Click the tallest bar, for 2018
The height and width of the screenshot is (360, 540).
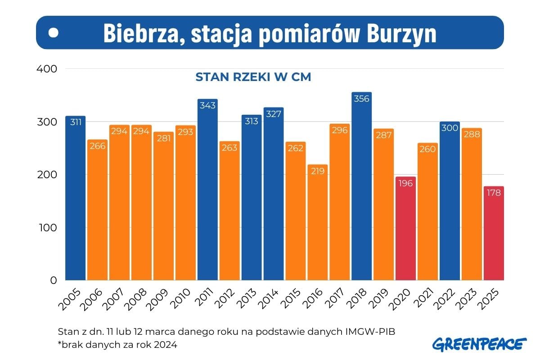362,186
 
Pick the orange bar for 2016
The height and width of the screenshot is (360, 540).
318,222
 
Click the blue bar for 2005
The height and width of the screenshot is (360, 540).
75,198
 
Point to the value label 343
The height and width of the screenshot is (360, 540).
207,105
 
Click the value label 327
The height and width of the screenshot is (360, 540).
274,114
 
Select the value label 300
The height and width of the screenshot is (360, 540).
450,128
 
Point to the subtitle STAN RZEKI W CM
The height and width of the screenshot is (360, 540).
253,77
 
